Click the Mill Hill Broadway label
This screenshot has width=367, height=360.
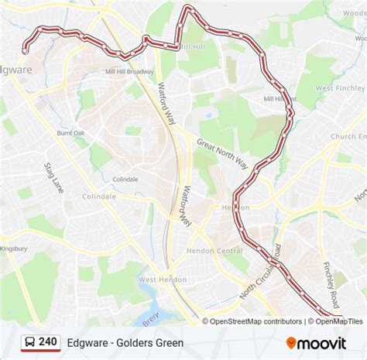pyautogui.click(x=131, y=72)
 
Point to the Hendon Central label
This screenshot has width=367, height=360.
pyautogui.click(x=214, y=251)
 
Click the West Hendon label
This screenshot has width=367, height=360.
pyautogui.click(x=163, y=279)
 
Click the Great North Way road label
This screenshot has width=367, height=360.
pyautogui.click(x=221, y=153)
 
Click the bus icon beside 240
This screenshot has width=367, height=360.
pyautogui.click(x=29, y=342)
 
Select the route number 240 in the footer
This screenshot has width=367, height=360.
pyautogui.click(x=49, y=342)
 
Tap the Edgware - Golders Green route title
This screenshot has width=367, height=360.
pyautogui.click(x=125, y=342)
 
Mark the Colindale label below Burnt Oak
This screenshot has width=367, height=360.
pyautogui.click(x=125, y=179)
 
